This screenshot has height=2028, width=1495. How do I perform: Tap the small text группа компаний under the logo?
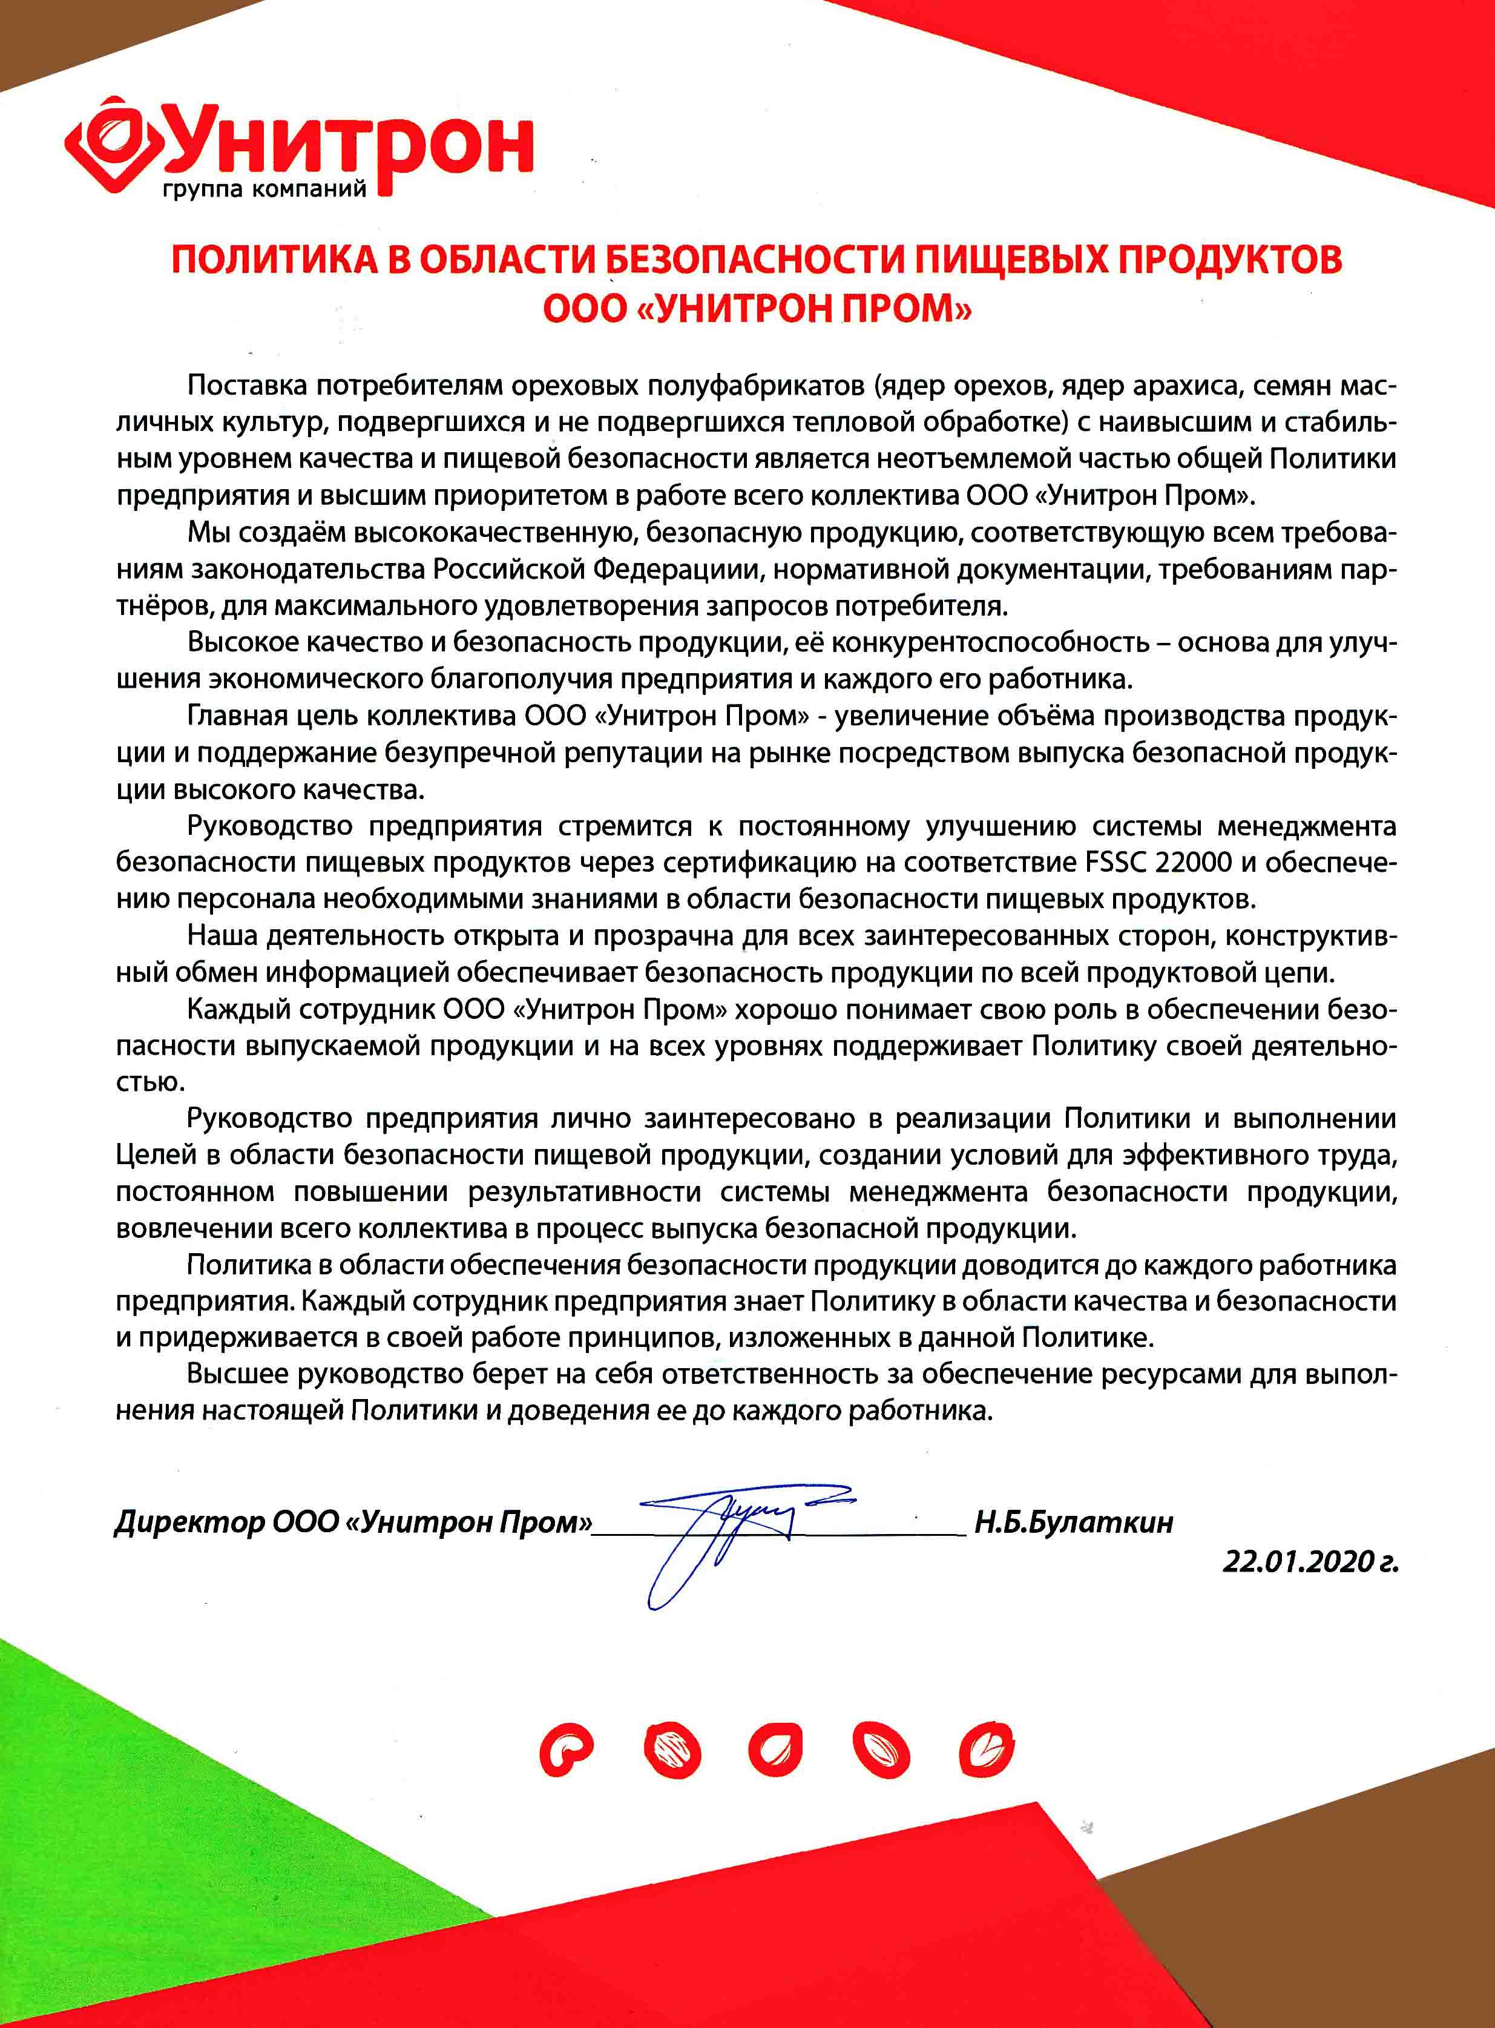pos(264,191)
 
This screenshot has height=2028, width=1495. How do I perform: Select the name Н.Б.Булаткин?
pos(1073,1522)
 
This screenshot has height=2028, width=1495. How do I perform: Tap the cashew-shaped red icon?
pos(565,1750)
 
